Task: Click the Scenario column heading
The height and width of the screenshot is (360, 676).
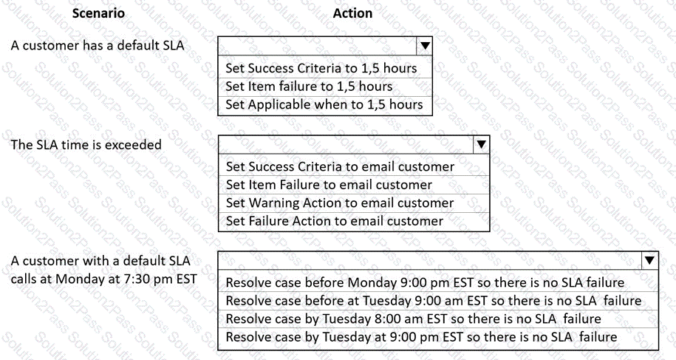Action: click(x=98, y=13)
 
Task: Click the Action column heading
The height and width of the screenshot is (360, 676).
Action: click(x=352, y=13)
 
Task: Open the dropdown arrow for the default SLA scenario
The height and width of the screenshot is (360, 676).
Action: click(x=425, y=46)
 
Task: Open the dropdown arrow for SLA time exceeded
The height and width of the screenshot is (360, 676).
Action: click(x=481, y=144)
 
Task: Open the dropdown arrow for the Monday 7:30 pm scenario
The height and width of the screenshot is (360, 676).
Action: click(x=649, y=260)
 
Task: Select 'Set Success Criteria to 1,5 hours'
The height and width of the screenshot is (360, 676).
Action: click(x=321, y=68)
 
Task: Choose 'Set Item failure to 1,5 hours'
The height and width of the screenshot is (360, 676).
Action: click(x=309, y=86)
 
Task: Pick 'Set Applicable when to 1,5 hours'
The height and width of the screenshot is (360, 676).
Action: click(x=324, y=104)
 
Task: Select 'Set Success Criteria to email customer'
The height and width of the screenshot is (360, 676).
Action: click(x=340, y=167)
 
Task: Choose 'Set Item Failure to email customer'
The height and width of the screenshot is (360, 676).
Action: click(x=329, y=185)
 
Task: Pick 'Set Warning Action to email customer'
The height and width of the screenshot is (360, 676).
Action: click(x=340, y=203)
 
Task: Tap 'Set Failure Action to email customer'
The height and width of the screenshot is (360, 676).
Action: click(x=334, y=221)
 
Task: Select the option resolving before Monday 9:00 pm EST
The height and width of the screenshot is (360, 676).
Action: click(x=425, y=283)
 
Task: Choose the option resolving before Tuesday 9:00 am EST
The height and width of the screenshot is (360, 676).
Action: click(x=433, y=301)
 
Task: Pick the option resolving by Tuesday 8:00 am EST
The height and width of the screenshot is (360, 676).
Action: click(x=413, y=319)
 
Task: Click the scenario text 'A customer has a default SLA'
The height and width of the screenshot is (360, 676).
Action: click(x=98, y=46)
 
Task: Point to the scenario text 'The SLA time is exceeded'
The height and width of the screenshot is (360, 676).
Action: click(x=86, y=144)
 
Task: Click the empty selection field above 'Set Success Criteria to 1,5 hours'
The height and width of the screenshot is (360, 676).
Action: click(x=317, y=46)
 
